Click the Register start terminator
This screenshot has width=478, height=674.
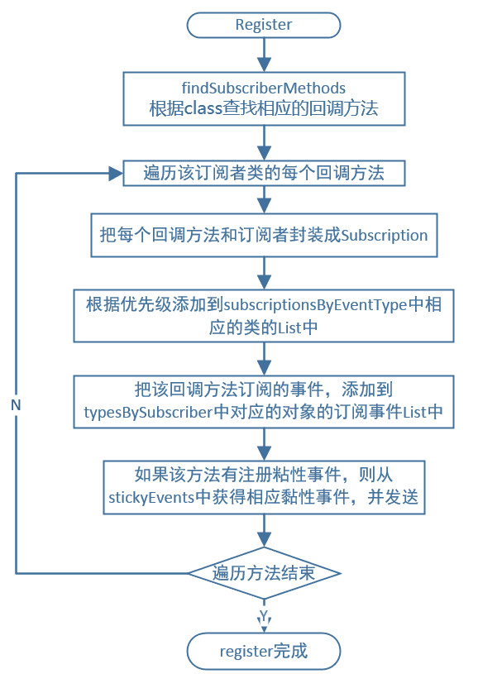click(263, 25)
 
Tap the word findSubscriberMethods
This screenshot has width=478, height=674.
click(263, 88)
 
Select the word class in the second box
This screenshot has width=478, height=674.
click(198, 108)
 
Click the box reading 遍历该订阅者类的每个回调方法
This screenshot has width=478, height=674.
click(263, 173)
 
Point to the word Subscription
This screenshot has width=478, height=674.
click(384, 235)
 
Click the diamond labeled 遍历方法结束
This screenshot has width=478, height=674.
click(263, 572)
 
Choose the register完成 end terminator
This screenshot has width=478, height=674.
click(263, 651)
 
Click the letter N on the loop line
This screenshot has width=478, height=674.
click(16, 404)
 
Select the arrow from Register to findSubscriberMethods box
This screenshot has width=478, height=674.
click(263, 55)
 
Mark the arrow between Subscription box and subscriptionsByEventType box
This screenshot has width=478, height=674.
click(263, 271)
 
